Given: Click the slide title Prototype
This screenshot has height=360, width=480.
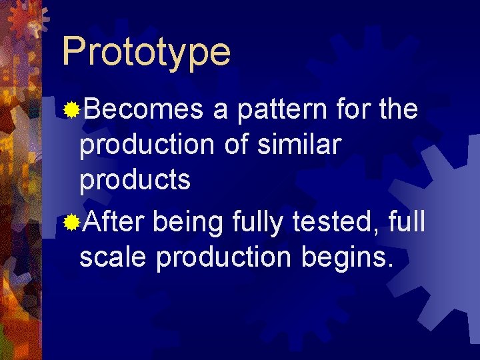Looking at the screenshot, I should tap(146, 52).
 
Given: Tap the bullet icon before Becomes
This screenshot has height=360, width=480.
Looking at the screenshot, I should tap(71, 109).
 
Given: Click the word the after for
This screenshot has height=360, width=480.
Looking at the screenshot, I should tap(398, 109).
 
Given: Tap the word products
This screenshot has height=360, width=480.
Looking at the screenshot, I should tap(135, 180).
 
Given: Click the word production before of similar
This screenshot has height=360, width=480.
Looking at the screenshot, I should tap(148, 145).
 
